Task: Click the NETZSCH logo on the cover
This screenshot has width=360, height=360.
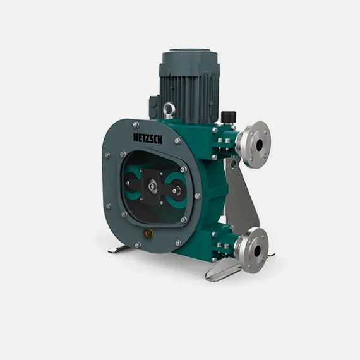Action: click(148, 139)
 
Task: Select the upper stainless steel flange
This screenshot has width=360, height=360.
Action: click(255, 145)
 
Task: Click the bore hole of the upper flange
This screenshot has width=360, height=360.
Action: click(259, 145)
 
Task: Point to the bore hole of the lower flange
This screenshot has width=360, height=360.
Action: click(258, 251)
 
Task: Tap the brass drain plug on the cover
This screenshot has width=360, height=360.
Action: click(148, 233)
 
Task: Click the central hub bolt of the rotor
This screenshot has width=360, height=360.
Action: click(151, 186)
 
